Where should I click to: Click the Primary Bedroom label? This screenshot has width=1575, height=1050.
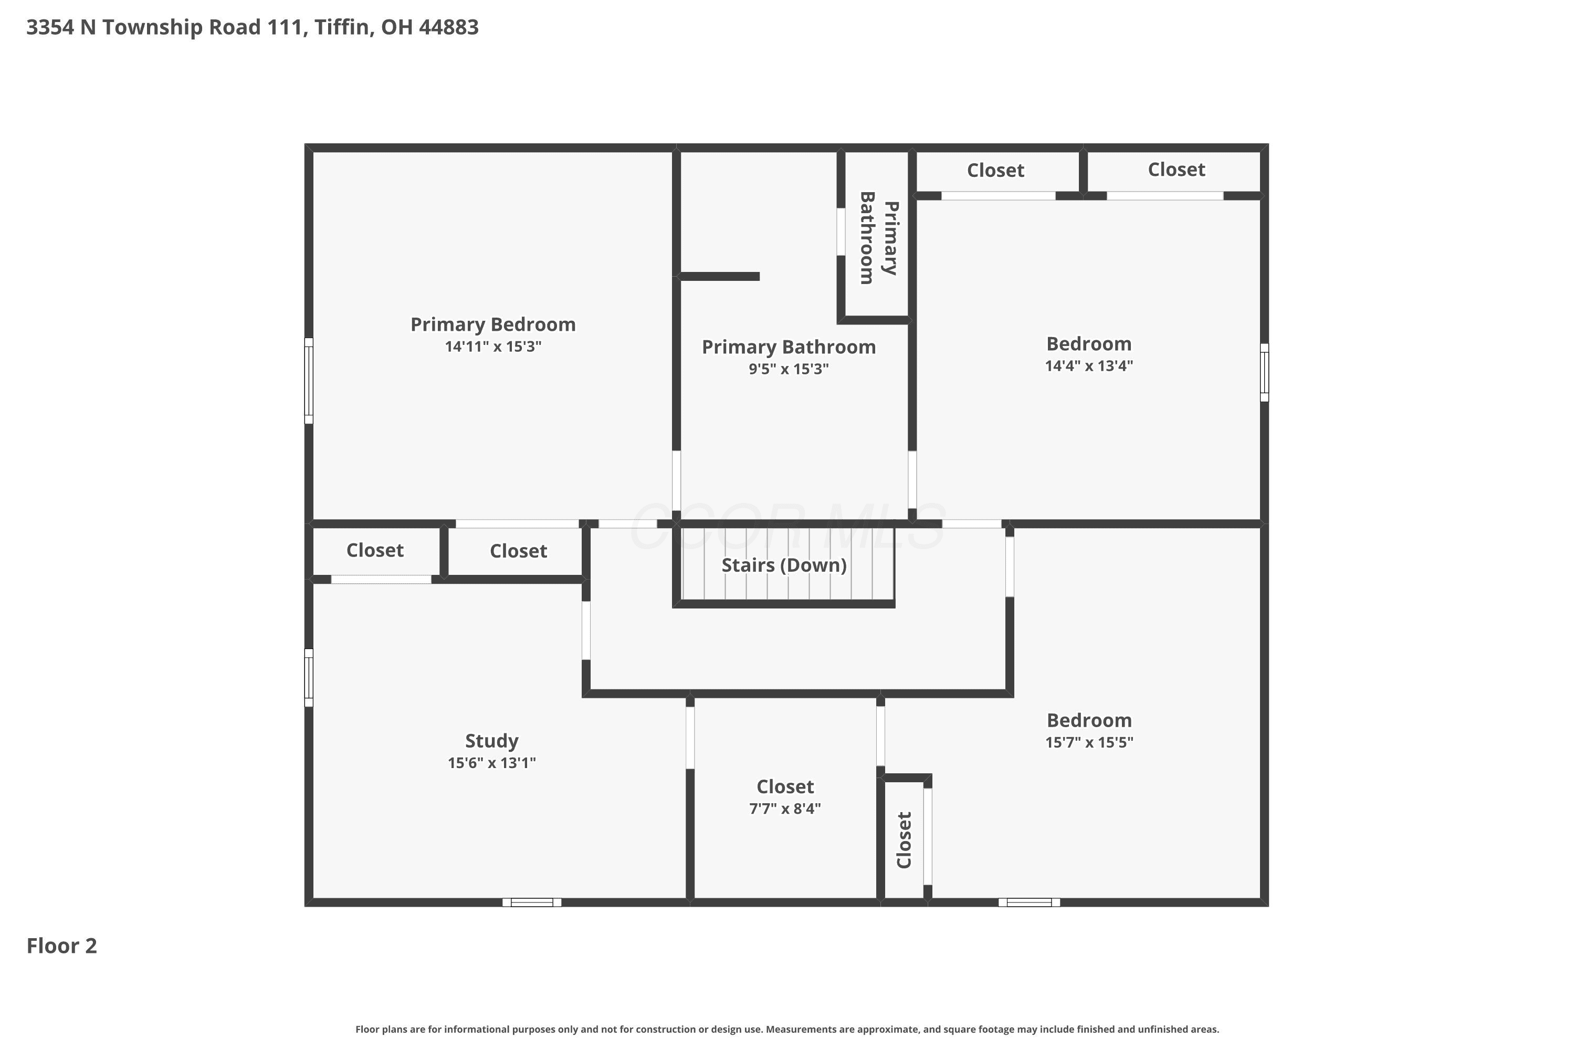pos(493,325)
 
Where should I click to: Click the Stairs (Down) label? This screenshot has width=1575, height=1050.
pos(784,565)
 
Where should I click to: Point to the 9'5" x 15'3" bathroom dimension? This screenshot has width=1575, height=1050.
pos(789,369)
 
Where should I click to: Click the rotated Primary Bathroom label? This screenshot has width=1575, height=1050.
pos(878,238)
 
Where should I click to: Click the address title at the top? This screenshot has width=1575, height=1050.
pos(253,27)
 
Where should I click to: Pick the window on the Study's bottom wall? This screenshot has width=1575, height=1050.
pos(532,902)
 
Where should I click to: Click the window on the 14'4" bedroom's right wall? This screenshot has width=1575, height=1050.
pos(1264,373)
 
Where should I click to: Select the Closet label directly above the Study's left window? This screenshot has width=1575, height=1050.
pos(375,550)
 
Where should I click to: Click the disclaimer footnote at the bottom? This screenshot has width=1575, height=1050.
pos(787,1029)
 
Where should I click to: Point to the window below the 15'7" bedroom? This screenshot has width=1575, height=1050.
pos(1029,902)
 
